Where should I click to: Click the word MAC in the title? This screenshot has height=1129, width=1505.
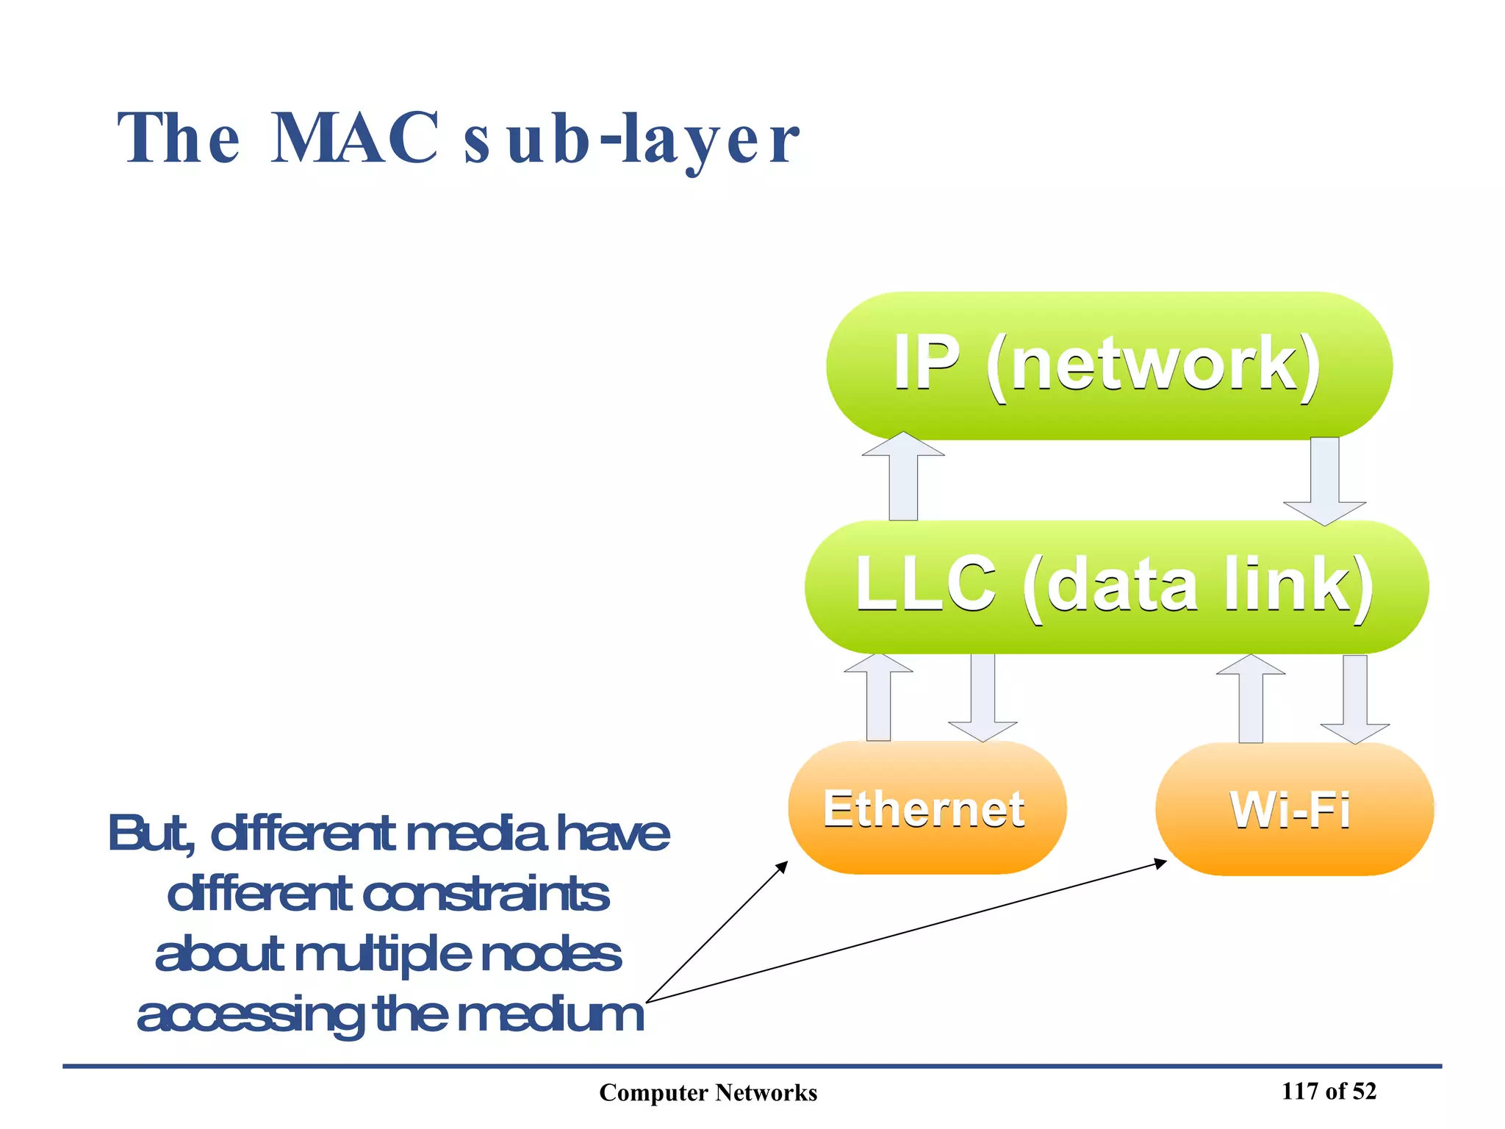(355, 138)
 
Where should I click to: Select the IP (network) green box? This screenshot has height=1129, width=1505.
(1108, 365)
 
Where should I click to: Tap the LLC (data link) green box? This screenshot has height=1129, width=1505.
(1116, 586)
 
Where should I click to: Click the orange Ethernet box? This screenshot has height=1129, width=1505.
(926, 808)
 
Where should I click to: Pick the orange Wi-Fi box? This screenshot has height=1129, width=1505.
(1293, 809)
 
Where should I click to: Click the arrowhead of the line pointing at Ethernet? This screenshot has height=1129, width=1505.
(783, 867)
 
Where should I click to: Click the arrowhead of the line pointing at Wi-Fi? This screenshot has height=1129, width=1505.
(1160, 863)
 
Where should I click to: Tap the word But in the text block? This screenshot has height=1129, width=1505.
(151, 834)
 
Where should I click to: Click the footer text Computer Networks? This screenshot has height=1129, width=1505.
(708, 1093)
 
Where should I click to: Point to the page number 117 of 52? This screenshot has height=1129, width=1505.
(1328, 1091)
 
